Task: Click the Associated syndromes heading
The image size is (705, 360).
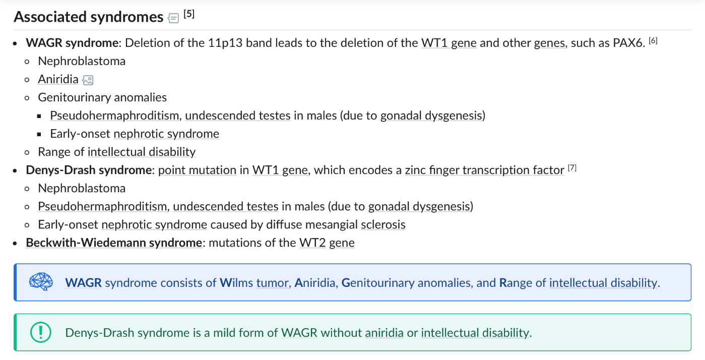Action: click(88, 17)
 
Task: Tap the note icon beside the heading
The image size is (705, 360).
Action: click(173, 18)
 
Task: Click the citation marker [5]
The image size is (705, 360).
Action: click(189, 14)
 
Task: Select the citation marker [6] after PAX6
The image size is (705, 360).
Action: click(653, 41)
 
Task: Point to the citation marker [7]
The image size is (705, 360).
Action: click(572, 168)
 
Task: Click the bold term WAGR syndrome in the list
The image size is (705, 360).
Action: click(72, 43)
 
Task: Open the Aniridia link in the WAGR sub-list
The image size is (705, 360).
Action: click(58, 79)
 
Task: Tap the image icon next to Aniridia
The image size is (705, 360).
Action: click(88, 80)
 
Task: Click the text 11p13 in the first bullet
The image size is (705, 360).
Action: click(225, 43)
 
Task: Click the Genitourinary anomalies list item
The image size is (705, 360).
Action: click(102, 98)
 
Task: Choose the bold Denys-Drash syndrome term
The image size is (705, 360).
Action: click(89, 170)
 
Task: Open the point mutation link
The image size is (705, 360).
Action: click(197, 170)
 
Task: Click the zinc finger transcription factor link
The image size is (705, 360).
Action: click(484, 170)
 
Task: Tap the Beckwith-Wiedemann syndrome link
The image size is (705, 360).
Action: click(114, 243)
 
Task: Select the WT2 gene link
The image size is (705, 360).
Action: click(327, 243)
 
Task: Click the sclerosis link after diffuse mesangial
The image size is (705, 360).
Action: click(383, 224)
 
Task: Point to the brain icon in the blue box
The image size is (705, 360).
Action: click(41, 281)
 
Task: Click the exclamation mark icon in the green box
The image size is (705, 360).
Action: click(41, 332)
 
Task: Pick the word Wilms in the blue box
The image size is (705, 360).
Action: click(236, 283)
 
